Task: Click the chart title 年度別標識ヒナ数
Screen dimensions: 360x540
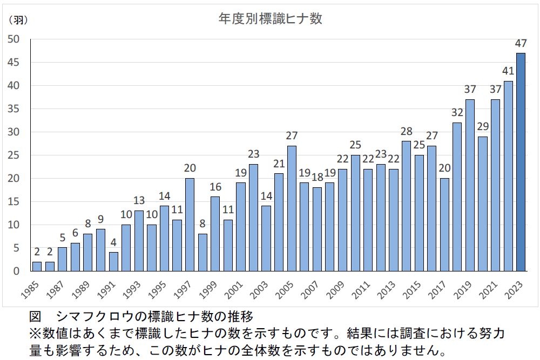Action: click(x=270, y=19)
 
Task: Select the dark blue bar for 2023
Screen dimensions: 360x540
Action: click(x=521, y=162)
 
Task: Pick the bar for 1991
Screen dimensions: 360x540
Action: click(x=113, y=262)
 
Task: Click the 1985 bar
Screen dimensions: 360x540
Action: click(x=37, y=266)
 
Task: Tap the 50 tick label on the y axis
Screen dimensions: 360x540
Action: click(x=13, y=39)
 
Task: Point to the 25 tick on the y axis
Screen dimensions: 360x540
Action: click(x=13, y=155)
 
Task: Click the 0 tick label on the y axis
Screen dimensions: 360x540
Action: click(x=16, y=271)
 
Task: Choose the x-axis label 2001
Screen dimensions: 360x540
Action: click(x=233, y=289)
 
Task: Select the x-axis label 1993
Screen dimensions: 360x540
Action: click(x=131, y=289)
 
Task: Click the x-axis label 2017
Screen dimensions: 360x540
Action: click(x=437, y=289)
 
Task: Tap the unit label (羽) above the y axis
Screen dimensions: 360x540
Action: click(x=18, y=20)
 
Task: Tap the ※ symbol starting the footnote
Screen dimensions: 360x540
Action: click(x=34, y=332)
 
